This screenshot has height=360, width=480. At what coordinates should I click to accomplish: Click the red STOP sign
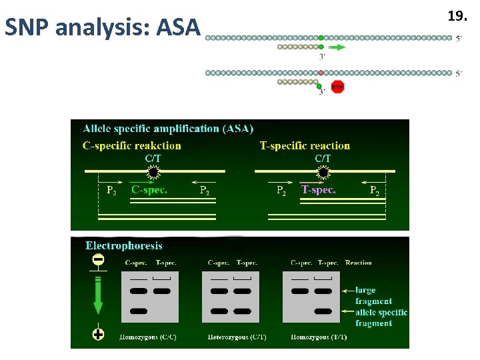coord(337,87)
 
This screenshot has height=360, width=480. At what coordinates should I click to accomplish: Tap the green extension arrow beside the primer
coord(337,47)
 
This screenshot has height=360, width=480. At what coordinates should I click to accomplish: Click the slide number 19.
coord(457,16)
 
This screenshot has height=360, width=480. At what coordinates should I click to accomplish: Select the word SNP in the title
coord(29,27)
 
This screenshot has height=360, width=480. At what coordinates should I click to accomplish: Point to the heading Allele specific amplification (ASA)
coord(168,129)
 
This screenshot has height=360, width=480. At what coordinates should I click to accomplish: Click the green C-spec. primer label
coord(149,190)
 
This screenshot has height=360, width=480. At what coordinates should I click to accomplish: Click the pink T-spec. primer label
coord(318,190)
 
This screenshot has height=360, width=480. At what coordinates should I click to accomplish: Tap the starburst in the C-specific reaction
coord(153,173)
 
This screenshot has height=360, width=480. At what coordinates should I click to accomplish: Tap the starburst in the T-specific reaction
coord(323,173)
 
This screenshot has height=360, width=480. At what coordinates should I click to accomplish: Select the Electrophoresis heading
coord(124,246)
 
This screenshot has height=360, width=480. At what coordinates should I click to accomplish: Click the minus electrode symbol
coord(98,261)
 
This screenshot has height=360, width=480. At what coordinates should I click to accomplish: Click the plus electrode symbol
coord(98,335)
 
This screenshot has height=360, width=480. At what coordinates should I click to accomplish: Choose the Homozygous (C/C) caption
coord(147,337)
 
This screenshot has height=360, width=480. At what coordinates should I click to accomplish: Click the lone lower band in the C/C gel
coord(139,311)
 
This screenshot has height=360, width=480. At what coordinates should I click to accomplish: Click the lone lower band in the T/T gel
coord(323,311)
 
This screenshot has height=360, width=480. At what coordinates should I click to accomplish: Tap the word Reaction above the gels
coord(359,263)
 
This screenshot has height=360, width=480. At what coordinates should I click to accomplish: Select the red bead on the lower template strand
coord(321,73)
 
